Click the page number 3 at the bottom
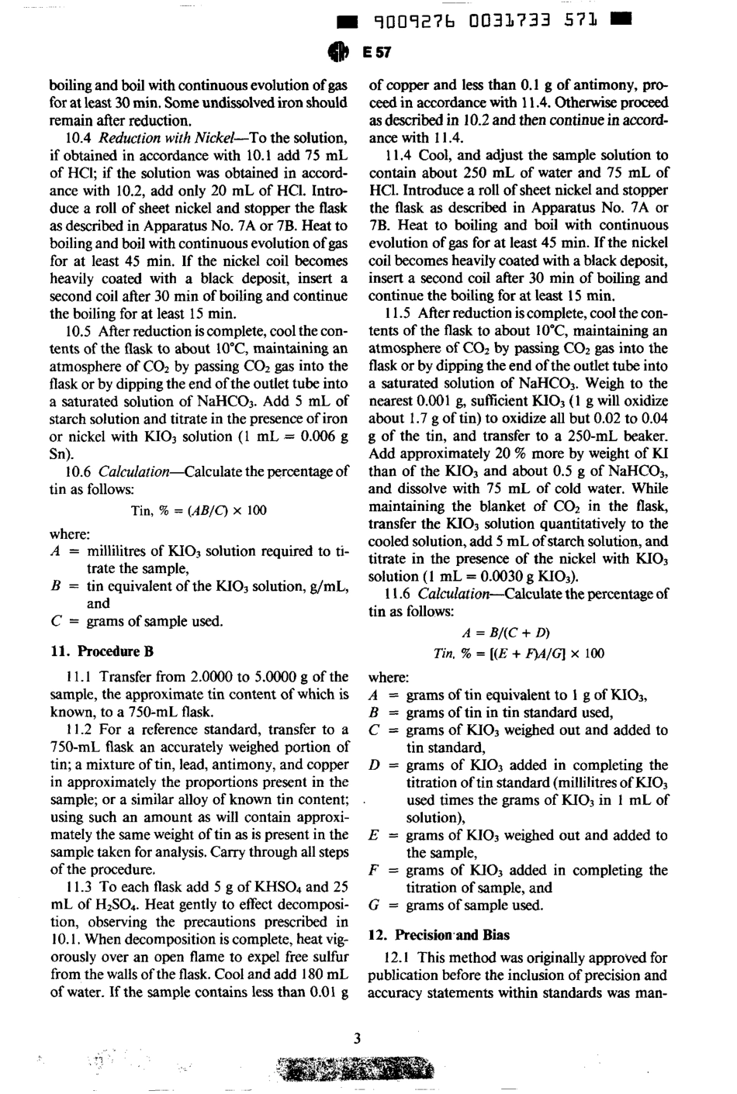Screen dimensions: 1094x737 (x=358, y=1039)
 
